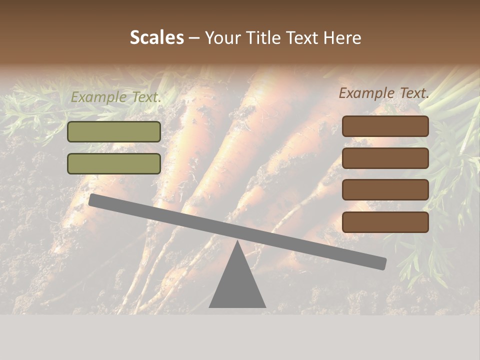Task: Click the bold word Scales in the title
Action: coord(156,38)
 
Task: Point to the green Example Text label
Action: coord(116,97)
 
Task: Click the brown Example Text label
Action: coord(384,93)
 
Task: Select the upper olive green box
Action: coord(114,131)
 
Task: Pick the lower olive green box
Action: coord(114,163)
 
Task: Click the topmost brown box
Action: coord(385,126)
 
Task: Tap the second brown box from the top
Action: coord(385,158)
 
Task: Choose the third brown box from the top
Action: coord(385,190)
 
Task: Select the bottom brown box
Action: coord(385,222)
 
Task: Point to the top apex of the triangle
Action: coord(237,242)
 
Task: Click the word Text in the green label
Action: coord(145,97)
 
